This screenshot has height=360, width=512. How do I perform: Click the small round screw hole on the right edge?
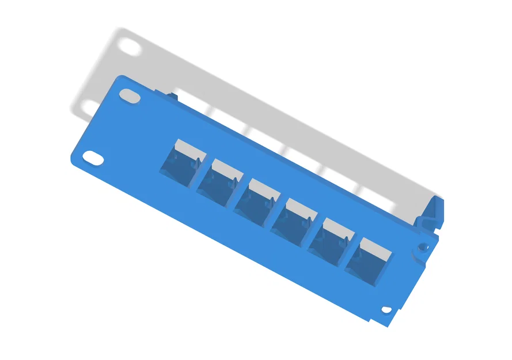[x=423, y=247]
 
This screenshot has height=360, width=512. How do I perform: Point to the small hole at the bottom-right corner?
[x=386, y=310]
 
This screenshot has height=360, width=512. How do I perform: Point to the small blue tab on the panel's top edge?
[x=170, y=93]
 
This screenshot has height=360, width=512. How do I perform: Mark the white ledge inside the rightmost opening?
[x=376, y=248]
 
